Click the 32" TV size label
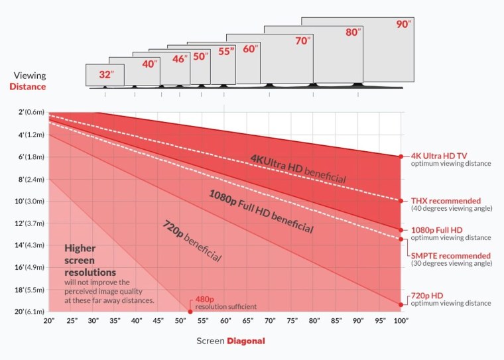[105, 75]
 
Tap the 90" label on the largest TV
[404, 25]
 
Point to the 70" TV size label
[302, 41]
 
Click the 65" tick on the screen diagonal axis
[247, 322]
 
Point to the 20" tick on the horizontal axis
[48, 322]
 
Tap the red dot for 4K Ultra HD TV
[401, 156]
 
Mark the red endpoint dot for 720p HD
[401, 305]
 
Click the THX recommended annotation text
[446, 200]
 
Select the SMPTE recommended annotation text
[451, 256]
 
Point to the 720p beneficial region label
[191, 239]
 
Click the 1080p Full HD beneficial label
[260, 211]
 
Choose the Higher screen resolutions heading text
[90, 260]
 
